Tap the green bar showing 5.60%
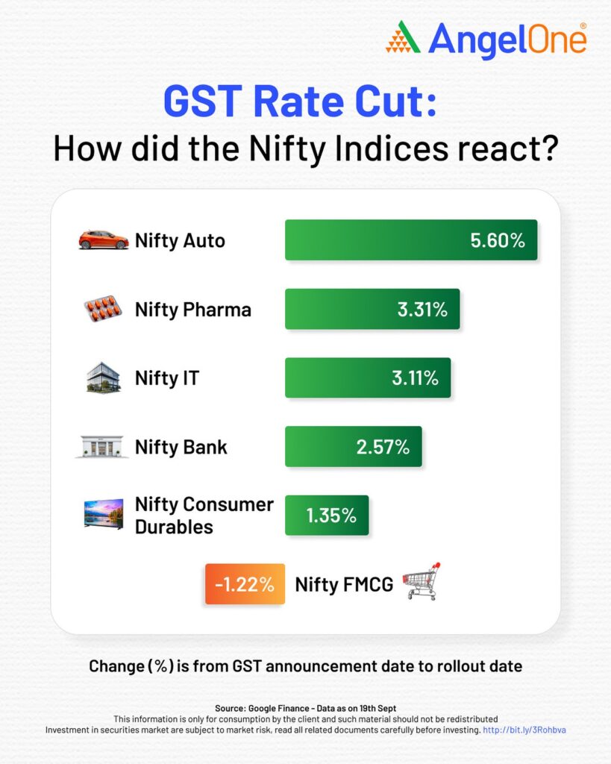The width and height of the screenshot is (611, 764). (x=410, y=240)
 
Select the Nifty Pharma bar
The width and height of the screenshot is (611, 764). (x=372, y=309)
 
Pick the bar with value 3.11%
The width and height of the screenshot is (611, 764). (x=367, y=378)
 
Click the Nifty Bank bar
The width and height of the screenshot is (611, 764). (x=353, y=446)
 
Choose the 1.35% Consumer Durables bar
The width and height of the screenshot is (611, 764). (x=326, y=515)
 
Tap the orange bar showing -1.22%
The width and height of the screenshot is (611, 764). (x=244, y=584)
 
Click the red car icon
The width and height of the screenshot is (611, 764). (x=104, y=240)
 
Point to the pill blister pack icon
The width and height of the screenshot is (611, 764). (x=103, y=309)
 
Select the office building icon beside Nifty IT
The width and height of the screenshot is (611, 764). (x=103, y=378)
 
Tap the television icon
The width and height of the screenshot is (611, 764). (x=103, y=515)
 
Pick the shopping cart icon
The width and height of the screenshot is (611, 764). (x=422, y=581)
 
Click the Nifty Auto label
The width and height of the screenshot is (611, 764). (x=180, y=240)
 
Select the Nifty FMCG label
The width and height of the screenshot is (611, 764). (x=344, y=584)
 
